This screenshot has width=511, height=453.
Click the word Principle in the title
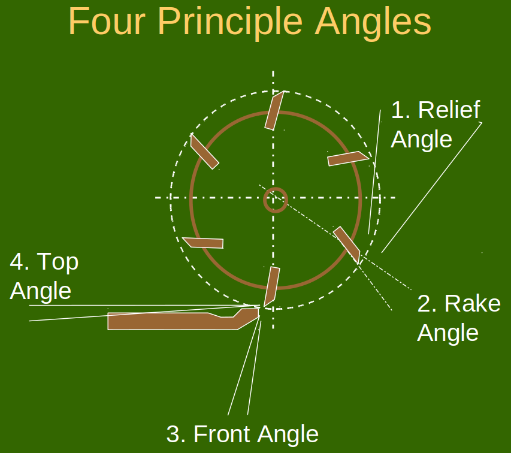234,22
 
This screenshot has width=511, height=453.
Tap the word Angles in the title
373,22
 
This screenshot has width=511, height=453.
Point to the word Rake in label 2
472,304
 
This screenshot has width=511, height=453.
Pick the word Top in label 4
58,262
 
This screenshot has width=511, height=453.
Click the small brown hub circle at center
276,200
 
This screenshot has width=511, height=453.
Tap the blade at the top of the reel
273,111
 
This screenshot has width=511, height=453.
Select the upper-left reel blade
204,151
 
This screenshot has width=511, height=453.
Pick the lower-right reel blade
347,244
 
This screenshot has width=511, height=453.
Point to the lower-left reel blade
203,243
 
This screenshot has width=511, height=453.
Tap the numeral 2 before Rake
426,304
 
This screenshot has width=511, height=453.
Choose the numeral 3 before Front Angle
173,434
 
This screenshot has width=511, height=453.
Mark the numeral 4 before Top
18,262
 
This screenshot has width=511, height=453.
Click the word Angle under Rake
447,333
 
